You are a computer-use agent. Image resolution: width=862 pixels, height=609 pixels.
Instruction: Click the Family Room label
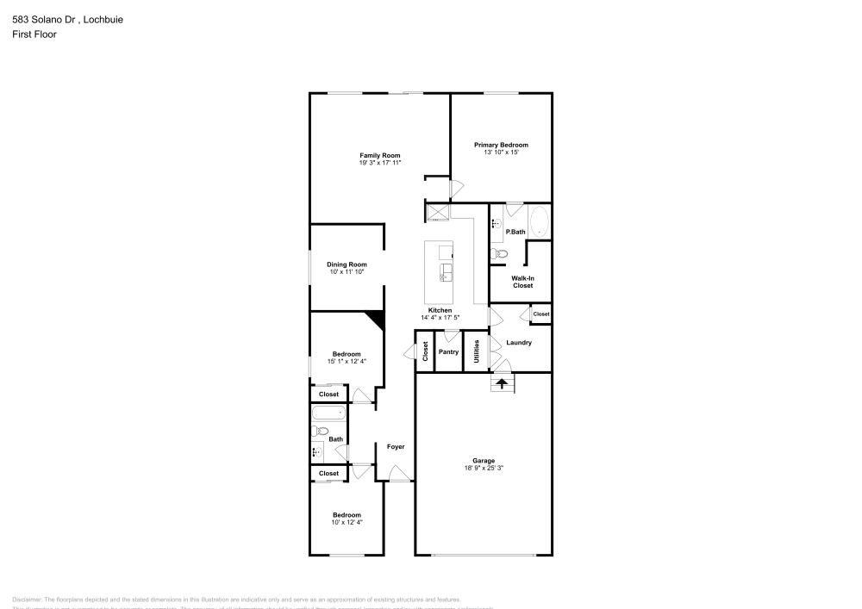pos(379,155)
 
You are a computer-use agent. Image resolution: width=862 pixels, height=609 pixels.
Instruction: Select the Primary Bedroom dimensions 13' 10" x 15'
pos(501,152)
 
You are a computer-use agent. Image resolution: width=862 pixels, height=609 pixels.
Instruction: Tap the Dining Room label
pos(347,264)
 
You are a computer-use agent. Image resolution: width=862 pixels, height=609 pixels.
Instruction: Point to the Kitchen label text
pos(440,310)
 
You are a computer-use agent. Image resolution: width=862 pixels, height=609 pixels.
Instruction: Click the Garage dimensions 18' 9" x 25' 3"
pos(483,469)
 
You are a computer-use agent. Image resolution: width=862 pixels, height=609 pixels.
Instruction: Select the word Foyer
pos(396,446)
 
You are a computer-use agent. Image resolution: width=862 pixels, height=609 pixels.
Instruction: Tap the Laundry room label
pos(519,343)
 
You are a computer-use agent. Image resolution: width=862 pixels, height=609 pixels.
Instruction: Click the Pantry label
pos(448,351)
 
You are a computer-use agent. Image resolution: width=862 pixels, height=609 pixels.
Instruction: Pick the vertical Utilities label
pos(477,351)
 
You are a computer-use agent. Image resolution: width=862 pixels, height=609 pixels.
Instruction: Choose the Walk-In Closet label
pos(522,282)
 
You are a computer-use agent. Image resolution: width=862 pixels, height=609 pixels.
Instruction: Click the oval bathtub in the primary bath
pos(539,222)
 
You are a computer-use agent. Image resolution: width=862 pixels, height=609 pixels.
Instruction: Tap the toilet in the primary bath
pos(499,253)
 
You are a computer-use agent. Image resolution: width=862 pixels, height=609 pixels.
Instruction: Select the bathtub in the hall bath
pos(328,413)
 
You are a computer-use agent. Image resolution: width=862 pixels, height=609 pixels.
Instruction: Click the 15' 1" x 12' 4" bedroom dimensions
pos(347,362)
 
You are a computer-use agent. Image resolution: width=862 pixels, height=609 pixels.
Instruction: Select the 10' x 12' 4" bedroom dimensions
pos(347,522)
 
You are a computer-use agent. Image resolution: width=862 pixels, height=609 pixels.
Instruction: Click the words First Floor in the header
pos(34,34)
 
